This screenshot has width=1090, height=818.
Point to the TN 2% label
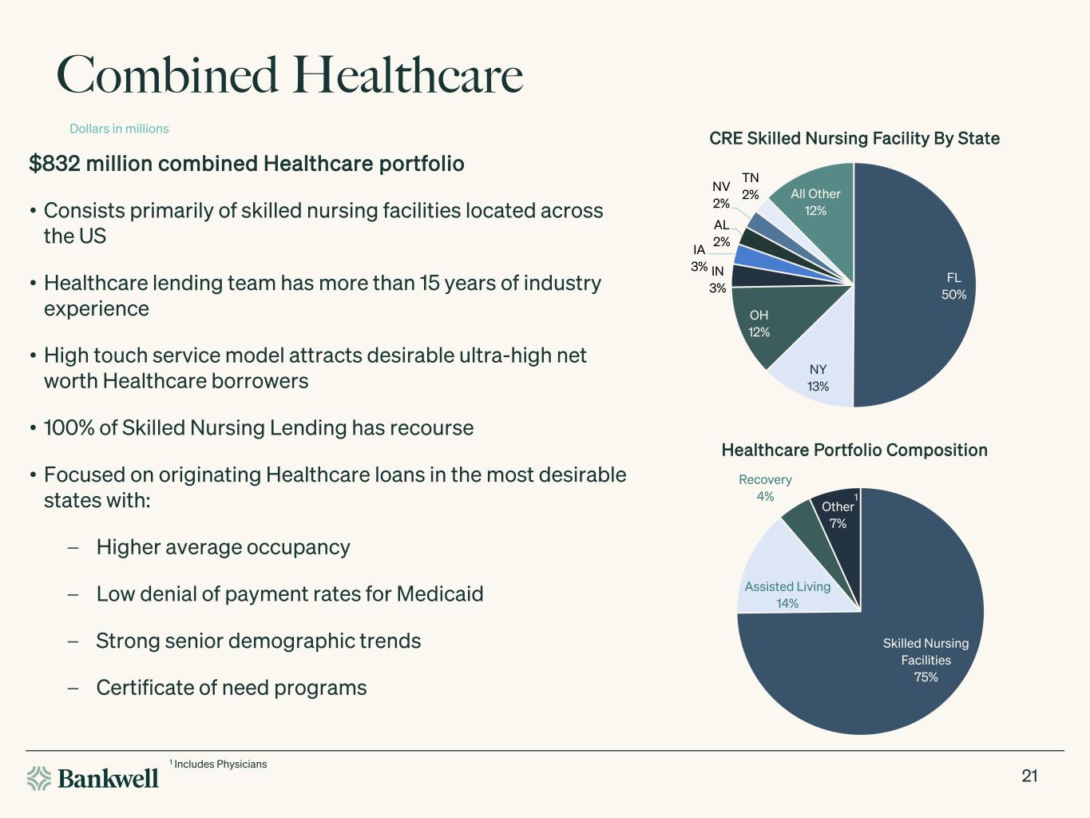(x=751, y=186)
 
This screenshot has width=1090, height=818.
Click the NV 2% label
(x=721, y=195)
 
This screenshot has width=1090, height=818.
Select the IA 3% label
(x=699, y=258)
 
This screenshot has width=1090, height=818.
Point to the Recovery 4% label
(x=765, y=488)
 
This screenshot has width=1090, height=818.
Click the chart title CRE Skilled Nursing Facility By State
(x=854, y=138)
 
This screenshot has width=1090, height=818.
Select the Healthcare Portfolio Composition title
(x=854, y=450)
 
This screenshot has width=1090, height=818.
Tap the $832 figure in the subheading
(x=54, y=164)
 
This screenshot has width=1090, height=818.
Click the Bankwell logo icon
(x=39, y=778)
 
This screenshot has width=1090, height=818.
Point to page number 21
(x=1029, y=776)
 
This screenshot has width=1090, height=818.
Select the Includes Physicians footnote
(x=218, y=764)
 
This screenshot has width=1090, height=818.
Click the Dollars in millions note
(x=119, y=129)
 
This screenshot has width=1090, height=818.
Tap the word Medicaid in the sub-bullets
(x=440, y=594)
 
